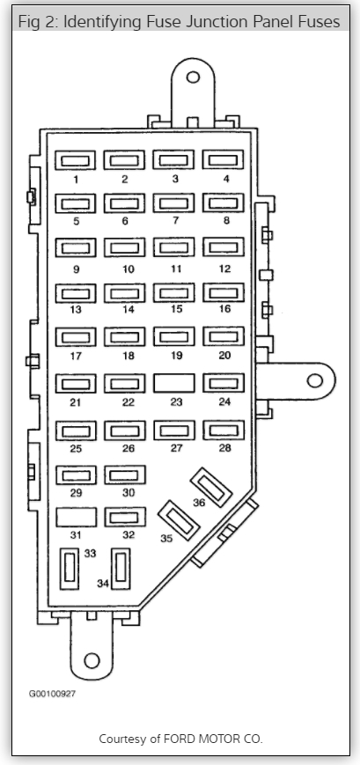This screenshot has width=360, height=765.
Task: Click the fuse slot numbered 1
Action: pos(75,160)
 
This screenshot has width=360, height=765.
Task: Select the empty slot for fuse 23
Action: pos(174,384)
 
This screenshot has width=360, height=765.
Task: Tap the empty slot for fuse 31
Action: pos(76,517)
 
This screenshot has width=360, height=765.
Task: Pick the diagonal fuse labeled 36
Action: pos(211,488)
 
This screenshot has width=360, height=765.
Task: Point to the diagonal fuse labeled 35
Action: pos(179,520)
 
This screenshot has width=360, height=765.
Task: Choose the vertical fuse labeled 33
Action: pos(70,569)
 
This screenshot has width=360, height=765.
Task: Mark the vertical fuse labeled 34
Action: pos(121,569)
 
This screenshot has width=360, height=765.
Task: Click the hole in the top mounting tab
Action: pos(193,77)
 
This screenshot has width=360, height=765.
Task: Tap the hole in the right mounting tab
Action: pos(315,380)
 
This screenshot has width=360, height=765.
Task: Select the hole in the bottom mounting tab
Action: pos(92,660)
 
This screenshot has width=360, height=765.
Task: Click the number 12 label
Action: pos(224,268)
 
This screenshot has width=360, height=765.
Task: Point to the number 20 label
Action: pos(224,355)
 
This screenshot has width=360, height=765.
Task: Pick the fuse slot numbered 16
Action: pos(224,293)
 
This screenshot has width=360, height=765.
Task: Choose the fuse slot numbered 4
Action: pos(223,159)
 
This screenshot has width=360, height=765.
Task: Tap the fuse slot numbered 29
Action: pos(76,475)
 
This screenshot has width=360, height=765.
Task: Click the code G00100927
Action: pos(52,694)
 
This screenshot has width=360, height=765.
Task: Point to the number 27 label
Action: pos(177,448)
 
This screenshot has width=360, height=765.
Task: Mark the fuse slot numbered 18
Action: pos(124,337)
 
